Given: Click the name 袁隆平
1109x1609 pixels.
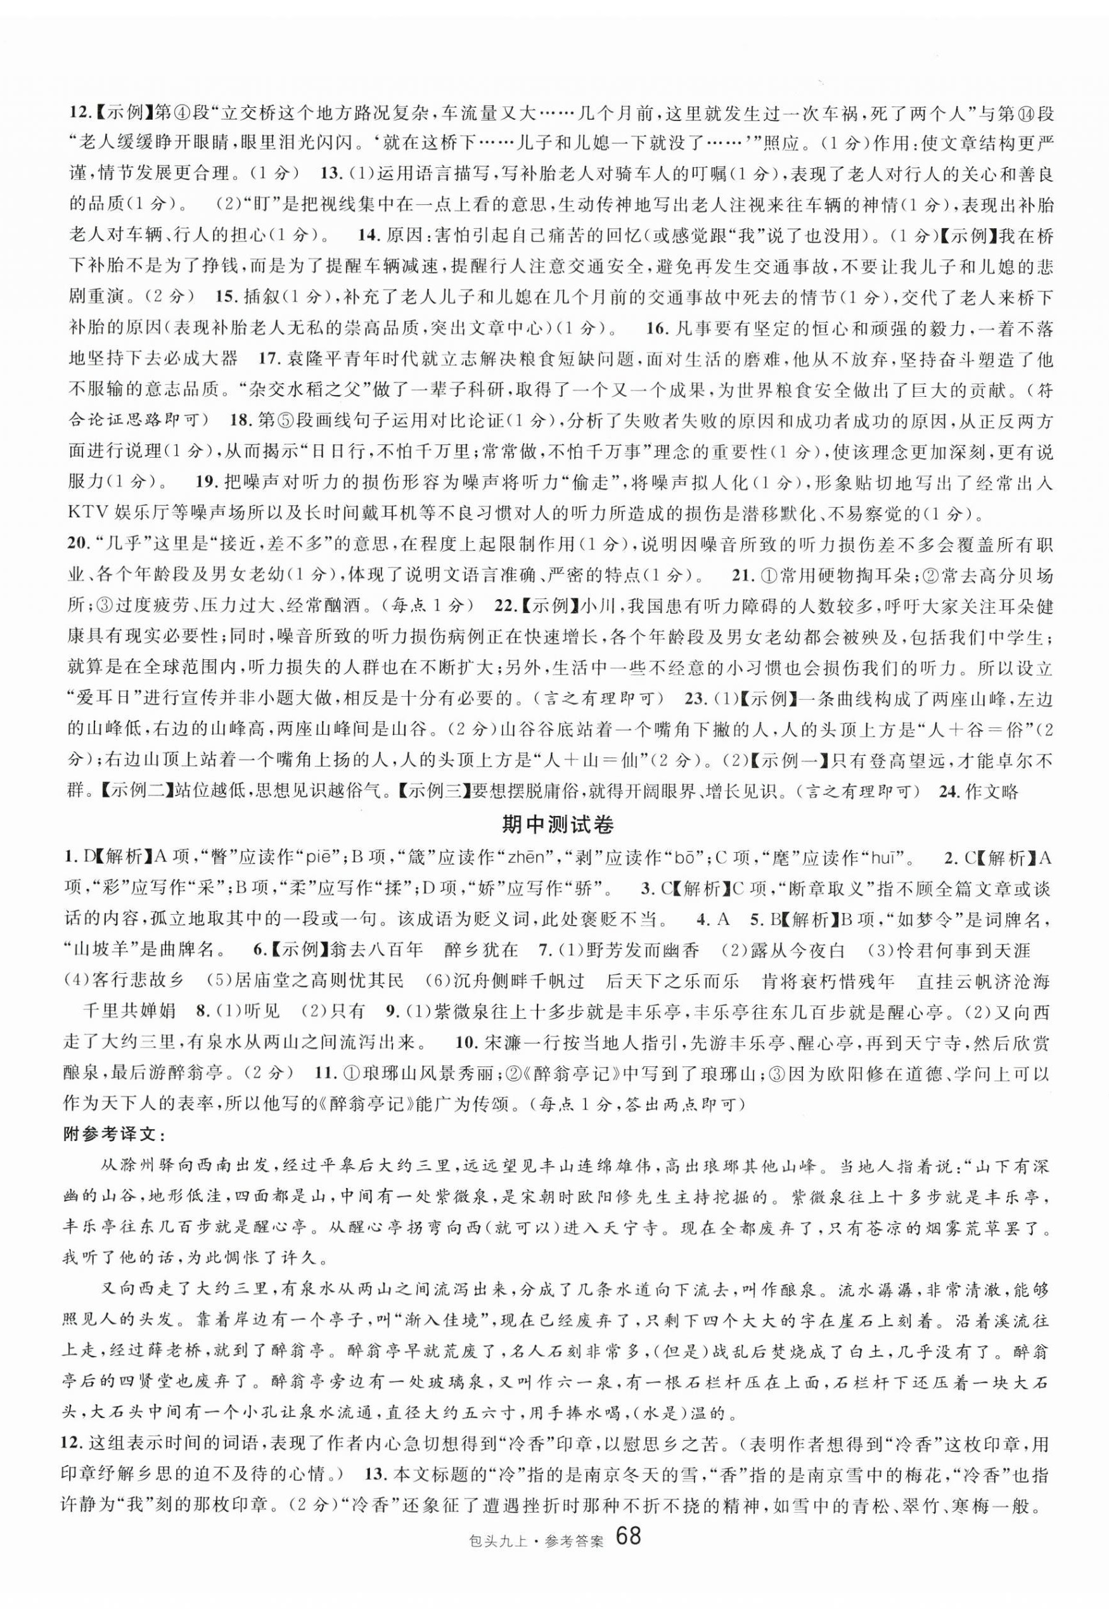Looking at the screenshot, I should click(x=305, y=359).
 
